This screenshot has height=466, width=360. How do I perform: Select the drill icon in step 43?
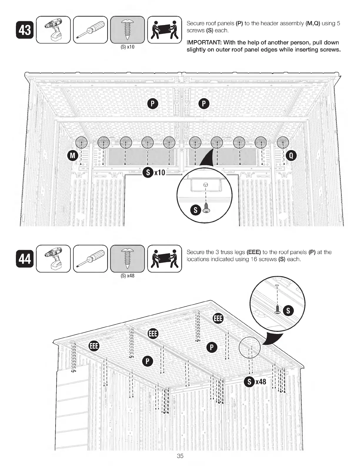[x=53, y=30]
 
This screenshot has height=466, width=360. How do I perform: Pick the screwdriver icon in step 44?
[x=90, y=259]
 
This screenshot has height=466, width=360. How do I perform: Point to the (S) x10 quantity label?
[x=127, y=47]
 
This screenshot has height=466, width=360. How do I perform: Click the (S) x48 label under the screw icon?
[x=127, y=276]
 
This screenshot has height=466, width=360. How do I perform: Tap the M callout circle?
[x=72, y=155]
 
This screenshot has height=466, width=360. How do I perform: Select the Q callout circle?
[x=291, y=155]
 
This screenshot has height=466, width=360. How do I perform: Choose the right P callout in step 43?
[x=204, y=104]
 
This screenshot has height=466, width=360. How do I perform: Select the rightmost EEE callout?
[x=218, y=319]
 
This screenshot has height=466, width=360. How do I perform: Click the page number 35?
[x=180, y=456]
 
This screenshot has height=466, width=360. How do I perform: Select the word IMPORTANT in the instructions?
[x=204, y=43]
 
